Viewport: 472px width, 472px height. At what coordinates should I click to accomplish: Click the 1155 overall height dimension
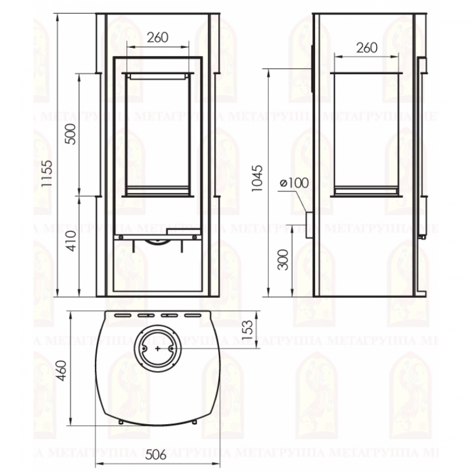tap(47, 173)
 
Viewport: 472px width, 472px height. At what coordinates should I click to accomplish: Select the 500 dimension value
tap(71, 134)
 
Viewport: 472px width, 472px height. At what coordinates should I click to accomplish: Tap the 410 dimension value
tap(72, 241)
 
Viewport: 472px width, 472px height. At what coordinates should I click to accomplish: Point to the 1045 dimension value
tap(257, 178)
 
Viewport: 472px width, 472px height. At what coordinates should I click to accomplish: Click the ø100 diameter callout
tap(294, 183)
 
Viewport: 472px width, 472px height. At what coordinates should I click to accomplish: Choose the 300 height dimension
tap(283, 260)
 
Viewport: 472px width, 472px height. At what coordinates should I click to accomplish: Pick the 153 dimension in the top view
tap(247, 330)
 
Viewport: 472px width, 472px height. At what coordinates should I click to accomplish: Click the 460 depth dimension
tap(61, 371)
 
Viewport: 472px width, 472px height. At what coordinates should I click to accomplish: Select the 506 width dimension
tap(156, 454)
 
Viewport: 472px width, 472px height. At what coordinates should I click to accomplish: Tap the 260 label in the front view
tap(158, 38)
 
